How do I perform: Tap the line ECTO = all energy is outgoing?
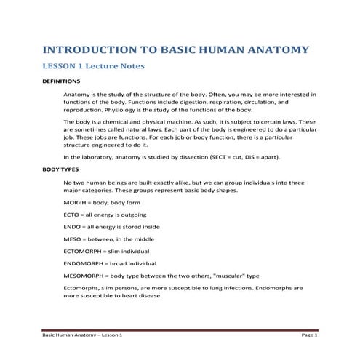click(x=105, y=215)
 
